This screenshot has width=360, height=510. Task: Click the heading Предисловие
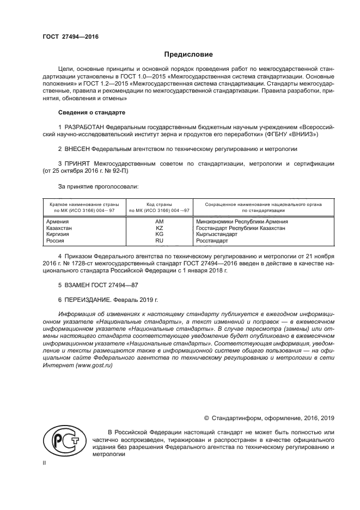click(x=188, y=54)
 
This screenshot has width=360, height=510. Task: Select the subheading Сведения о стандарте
click(x=91, y=112)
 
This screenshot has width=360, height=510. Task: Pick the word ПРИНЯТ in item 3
click(x=77, y=163)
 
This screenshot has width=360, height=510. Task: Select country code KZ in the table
click(x=159, y=228)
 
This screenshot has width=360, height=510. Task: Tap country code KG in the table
click(x=159, y=234)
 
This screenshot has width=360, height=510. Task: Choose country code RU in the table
click(x=159, y=240)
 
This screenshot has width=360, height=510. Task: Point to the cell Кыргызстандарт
click(x=216, y=234)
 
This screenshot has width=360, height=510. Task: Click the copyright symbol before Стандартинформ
click(x=206, y=418)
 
